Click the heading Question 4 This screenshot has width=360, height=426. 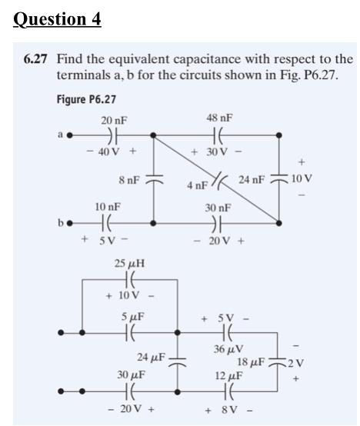click(x=58, y=18)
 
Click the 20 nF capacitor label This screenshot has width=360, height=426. click(x=114, y=120)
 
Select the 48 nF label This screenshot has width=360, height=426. click(x=220, y=118)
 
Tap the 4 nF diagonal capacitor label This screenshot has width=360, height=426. click(x=196, y=185)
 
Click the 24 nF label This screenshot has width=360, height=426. click(x=251, y=180)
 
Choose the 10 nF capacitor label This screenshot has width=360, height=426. click(x=106, y=207)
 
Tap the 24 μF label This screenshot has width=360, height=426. click(x=150, y=357)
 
